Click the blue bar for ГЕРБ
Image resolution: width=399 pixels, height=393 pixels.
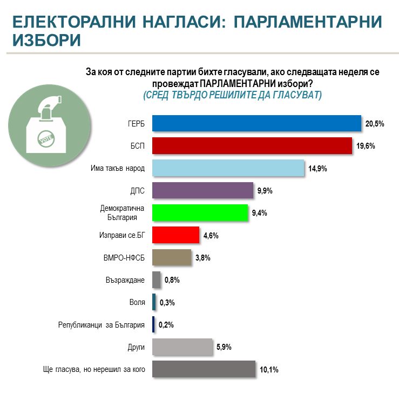tap(256, 123)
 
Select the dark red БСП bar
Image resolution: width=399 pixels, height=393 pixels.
tap(252, 146)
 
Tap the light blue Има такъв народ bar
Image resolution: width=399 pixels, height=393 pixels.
tap(228, 168)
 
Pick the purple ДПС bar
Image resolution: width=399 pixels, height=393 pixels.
tap(202, 190)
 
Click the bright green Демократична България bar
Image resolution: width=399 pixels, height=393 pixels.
tap(200, 212)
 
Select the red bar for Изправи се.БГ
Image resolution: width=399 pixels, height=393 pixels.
tap(176, 235)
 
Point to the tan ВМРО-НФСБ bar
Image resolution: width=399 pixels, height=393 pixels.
tap(172, 257)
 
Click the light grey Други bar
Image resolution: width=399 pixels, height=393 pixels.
tap(182, 347)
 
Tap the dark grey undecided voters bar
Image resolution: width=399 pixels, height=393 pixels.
tap(204, 369)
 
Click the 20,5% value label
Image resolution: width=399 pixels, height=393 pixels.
tap(375, 124)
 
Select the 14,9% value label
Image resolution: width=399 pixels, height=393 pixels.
tap(317, 169)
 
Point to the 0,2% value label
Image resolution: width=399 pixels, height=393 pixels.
tap(165, 325)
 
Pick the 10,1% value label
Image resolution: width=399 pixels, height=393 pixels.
tap(268, 370)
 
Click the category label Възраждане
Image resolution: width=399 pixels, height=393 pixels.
tap(126, 280)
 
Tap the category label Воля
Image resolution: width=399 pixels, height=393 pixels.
tap(138, 302)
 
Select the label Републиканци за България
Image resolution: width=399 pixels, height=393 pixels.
tap(102, 325)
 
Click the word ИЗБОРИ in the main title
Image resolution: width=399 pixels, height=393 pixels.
tap(47, 39)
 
